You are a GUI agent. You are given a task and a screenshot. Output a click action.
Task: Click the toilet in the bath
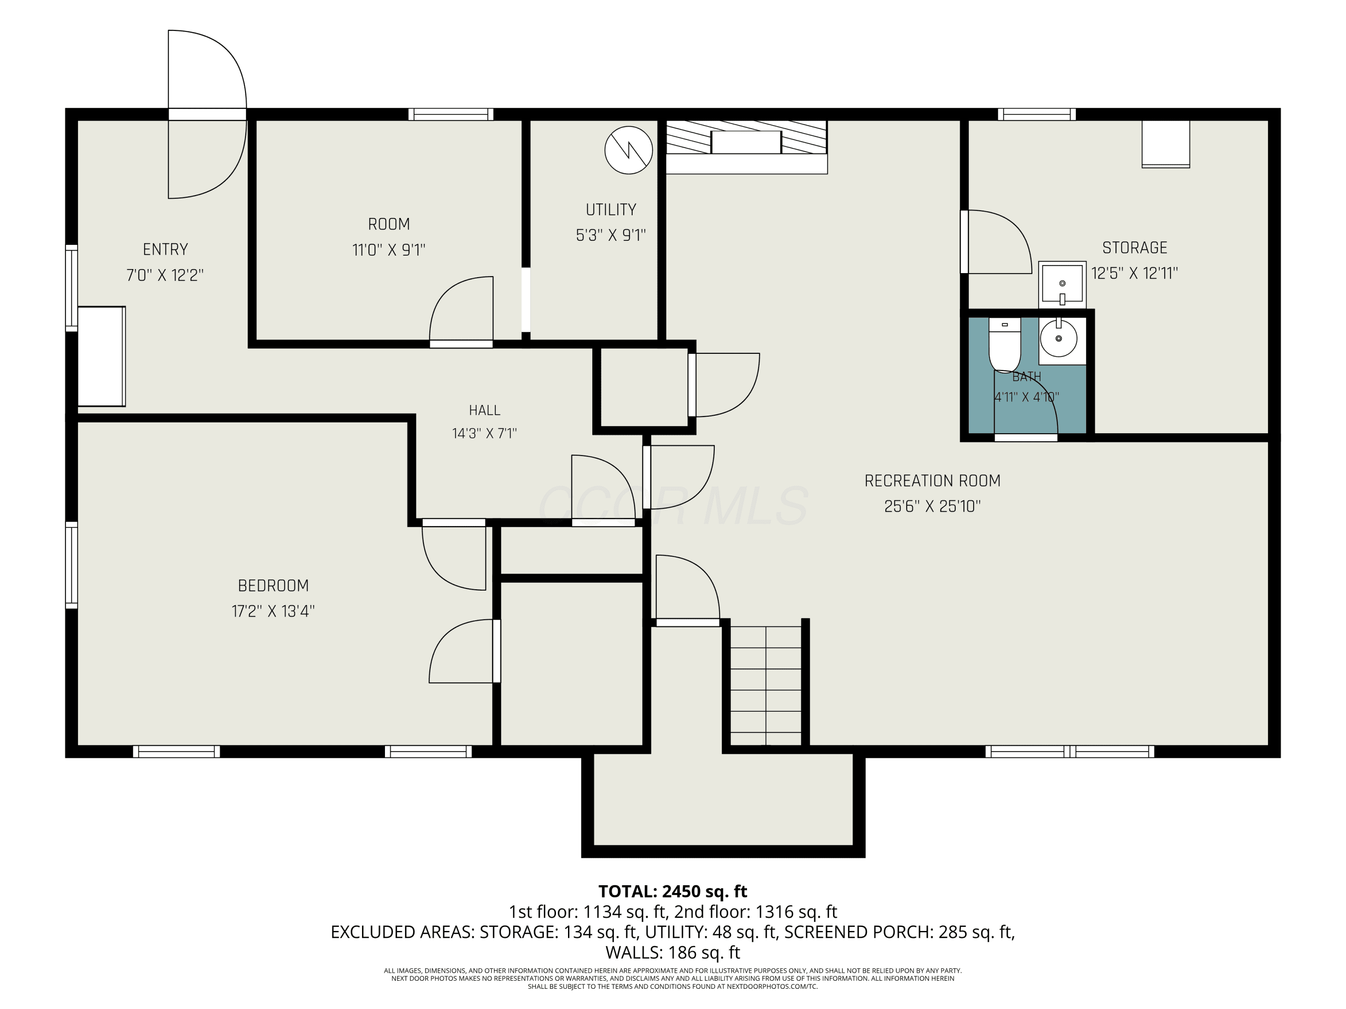coord(1005,344)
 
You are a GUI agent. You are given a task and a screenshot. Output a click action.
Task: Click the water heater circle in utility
coord(629,150)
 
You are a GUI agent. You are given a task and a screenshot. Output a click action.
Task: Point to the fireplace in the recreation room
coord(747,147)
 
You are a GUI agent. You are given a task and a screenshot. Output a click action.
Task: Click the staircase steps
coord(765,685)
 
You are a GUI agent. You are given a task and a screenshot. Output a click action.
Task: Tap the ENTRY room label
coord(166,249)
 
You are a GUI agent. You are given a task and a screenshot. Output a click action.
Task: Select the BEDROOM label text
coord(273,586)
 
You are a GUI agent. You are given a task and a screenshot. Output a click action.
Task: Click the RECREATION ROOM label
coord(932,481)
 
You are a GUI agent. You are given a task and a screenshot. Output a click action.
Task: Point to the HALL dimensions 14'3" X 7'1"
coord(485,434)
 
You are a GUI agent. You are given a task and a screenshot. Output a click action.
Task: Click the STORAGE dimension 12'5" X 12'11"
coord(1134,273)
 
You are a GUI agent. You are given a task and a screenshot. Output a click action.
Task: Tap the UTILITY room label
coord(611,210)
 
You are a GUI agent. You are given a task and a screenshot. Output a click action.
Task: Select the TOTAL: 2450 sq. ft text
coord(673,892)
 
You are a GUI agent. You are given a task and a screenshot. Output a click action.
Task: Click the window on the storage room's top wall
coord(1037,114)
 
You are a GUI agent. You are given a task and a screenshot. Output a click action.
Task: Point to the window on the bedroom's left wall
coord(72,565)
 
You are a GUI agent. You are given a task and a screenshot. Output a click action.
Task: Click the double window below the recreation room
coord(1070,752)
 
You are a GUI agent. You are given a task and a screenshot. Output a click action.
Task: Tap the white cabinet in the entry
coord(101,357)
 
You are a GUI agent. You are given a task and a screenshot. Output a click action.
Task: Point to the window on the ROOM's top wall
coord(451,114)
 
